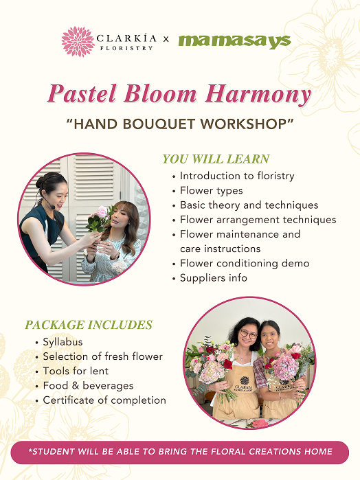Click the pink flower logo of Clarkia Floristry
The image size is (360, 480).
point(78,42)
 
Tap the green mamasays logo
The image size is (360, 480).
point(235,41)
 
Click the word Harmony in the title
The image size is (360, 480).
point(258,93)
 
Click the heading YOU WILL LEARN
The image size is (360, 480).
point(216,159)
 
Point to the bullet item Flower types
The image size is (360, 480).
point(212,190)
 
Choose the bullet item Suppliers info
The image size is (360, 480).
point(214,278)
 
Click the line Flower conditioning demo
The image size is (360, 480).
point(245,263)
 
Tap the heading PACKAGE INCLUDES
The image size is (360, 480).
point(89,325)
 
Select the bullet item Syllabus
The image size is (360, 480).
point(63,342)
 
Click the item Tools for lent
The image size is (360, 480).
point(76,371)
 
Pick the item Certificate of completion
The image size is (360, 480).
point(104,400)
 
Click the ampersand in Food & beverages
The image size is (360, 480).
point(76,386)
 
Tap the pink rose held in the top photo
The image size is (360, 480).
point(102,212)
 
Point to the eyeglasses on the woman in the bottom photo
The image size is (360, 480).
point(248,334)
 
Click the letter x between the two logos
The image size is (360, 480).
point(166,39)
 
